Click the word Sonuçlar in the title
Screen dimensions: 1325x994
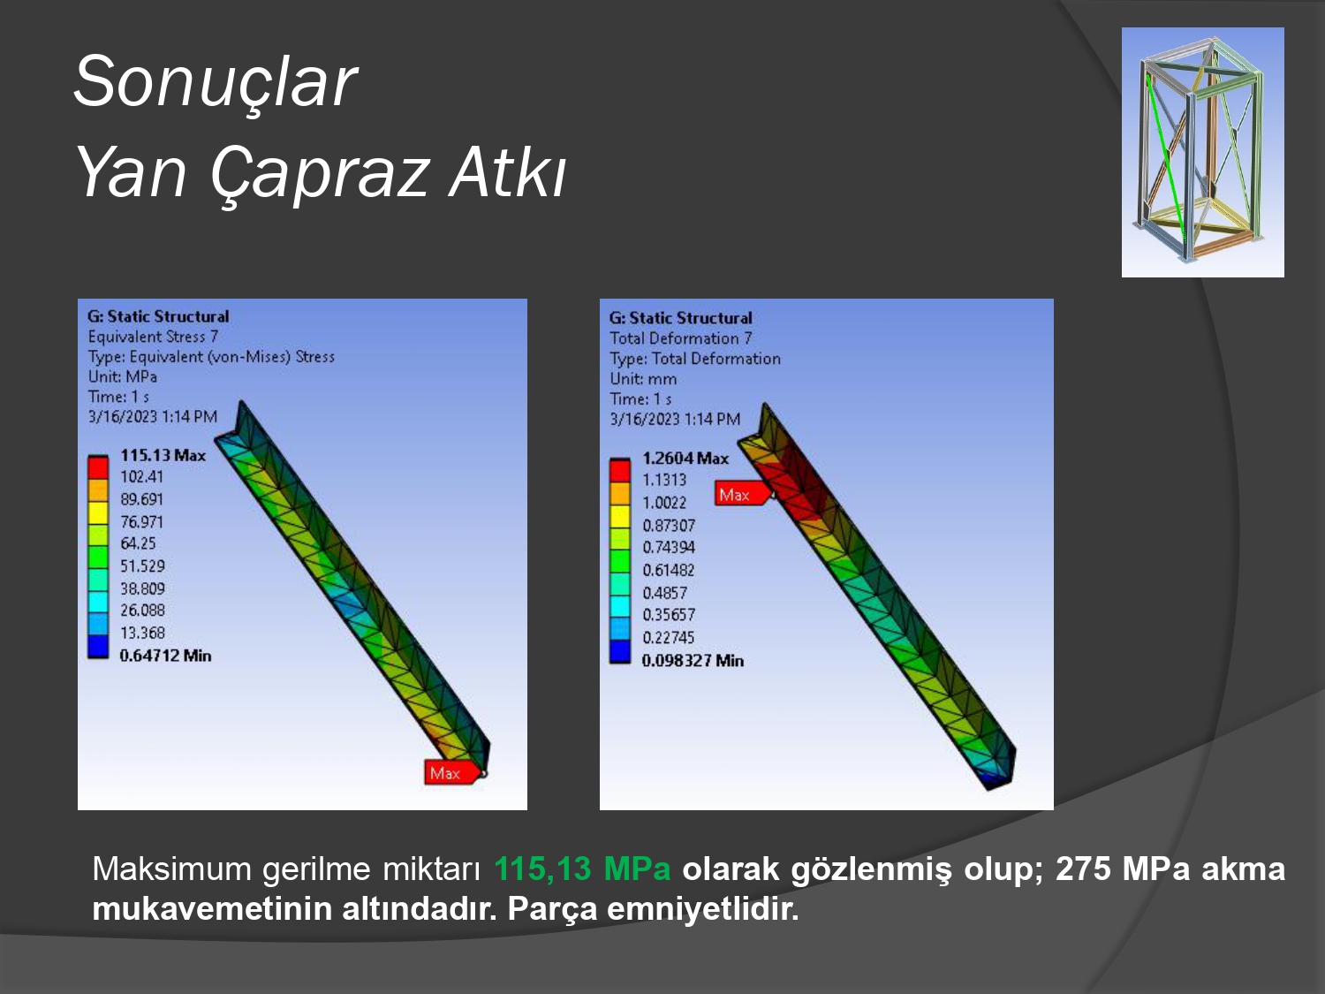(216, 81)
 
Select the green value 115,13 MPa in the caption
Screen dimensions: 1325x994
(582, 869)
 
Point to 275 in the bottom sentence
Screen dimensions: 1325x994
(1083, 869)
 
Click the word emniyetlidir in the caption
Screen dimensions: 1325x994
(702, 909)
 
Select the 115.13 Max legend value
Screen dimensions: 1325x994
(163, 455)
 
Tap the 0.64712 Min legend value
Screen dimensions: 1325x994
(165, 656)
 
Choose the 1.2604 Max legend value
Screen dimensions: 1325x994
(685, 458)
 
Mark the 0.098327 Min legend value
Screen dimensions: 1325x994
(693, 661)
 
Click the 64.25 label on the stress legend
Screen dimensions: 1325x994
(138, 543)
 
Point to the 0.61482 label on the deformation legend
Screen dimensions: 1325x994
(668, 570)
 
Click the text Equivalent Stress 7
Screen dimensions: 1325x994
(153, 337)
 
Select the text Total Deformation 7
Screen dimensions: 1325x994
(680, 338)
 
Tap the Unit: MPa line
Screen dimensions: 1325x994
(123, 376)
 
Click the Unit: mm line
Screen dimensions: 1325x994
(643, 379)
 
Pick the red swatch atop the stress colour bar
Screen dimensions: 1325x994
(98, 467)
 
